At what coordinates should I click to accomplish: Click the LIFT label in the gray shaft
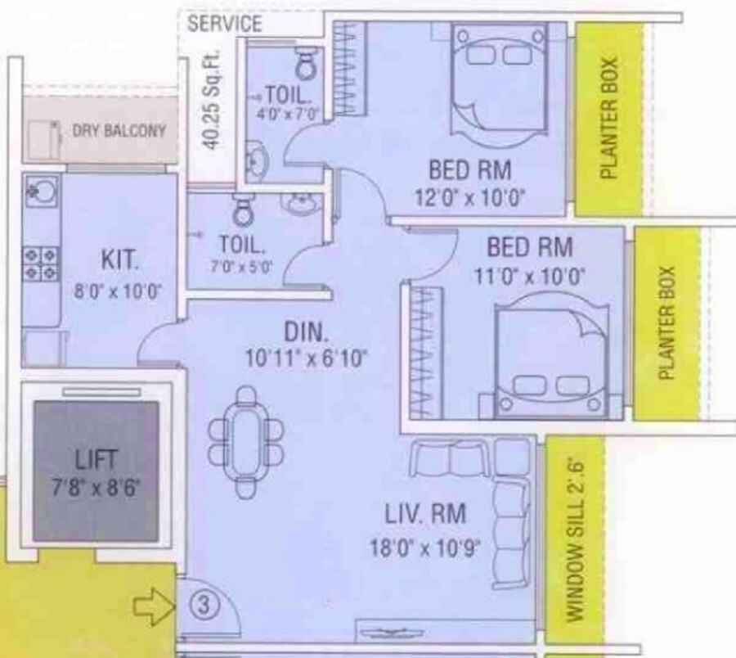[96, 457]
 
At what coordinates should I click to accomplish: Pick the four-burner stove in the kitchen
[38, 261]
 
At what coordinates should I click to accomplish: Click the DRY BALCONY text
[119, 130]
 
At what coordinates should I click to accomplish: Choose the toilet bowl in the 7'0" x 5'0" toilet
[242, 212]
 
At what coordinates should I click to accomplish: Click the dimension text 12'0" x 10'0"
[470, 197]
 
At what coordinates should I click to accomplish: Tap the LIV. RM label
[425, 514]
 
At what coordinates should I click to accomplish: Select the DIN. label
[305, 332]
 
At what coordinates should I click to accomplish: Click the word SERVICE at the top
[224, 24]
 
